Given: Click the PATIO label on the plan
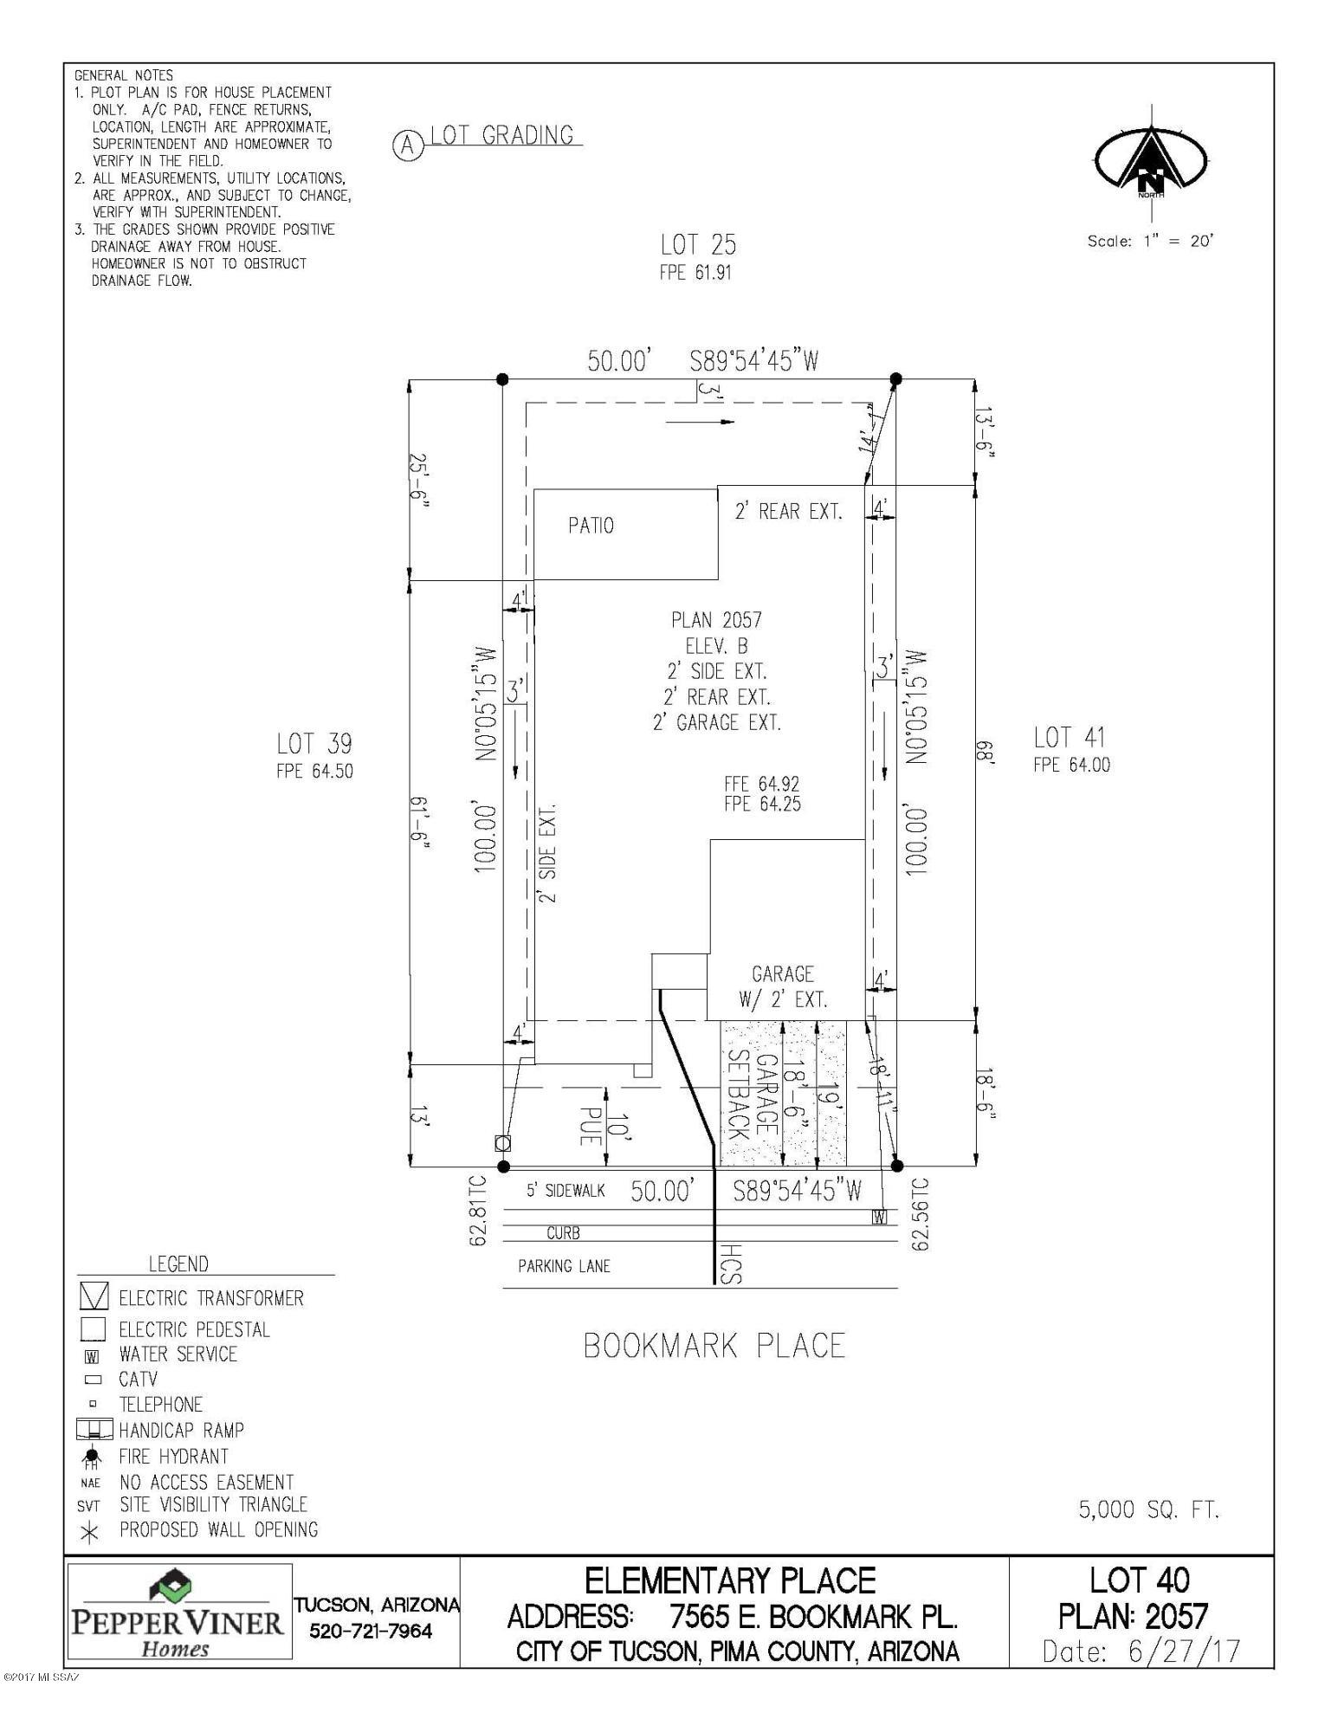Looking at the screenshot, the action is pos(591,526).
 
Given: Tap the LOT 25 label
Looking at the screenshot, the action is pos(698,244).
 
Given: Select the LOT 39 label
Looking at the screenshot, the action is pos(314,743).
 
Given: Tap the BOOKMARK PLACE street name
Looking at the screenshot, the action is pos(714,1346).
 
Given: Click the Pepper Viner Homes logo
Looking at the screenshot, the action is pos(178,1612).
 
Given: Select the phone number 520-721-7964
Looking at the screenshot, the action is pos(371,1632).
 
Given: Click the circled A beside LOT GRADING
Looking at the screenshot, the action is pos(408,145).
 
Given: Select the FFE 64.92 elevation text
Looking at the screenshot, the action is pos(762,784).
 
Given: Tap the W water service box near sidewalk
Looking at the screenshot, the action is pos(880,1217).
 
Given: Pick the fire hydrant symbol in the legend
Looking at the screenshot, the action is pos(94,1457).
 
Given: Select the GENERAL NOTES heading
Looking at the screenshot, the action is pos(124,75).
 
